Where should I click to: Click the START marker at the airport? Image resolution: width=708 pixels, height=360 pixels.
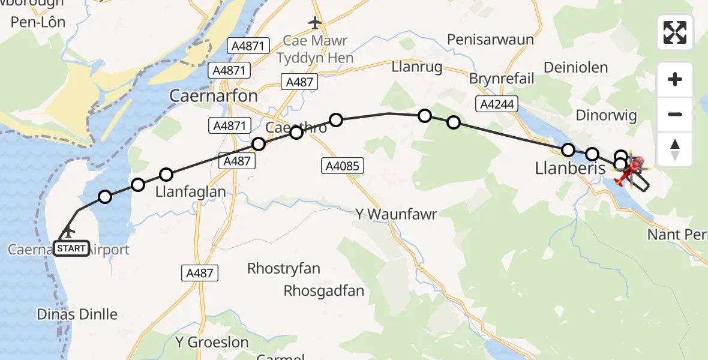[x=71, y=248]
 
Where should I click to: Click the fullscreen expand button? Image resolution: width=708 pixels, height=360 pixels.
[x=675, y=32]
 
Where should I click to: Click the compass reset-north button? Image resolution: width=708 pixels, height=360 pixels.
[x=675, y=149]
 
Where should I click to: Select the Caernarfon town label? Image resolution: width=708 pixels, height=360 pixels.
[x=214, y=96]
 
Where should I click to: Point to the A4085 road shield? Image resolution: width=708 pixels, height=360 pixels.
[x=343, y=166]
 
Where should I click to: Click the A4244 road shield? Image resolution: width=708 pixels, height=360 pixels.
[x=497, y=104]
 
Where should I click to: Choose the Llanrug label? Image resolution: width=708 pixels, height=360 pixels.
[x=417, y=67]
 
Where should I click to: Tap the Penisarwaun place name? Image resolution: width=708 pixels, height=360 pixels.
[x=490, y=40]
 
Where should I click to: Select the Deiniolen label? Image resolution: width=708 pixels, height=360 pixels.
[x=575, y=67]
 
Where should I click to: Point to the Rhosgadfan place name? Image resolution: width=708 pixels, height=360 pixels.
[x=324, y=291]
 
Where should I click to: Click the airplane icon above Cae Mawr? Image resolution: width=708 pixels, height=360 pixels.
[x=315, y=23]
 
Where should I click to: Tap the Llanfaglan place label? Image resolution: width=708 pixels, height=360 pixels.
[x=190, y=192]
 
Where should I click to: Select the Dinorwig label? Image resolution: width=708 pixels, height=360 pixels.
[x=606, y=115]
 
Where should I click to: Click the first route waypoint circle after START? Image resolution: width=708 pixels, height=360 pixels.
[x=105, y=197]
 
